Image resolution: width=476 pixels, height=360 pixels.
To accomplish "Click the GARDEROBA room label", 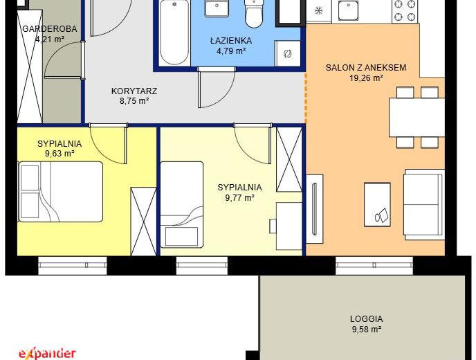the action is [50, 29].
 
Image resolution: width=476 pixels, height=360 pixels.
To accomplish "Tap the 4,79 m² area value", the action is [231, 51].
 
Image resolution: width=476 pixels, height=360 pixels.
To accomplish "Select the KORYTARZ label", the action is [134, 91].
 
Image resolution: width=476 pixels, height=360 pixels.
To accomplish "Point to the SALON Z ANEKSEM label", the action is [366, 67].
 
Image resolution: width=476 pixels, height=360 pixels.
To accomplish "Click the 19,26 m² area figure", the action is [366, 78].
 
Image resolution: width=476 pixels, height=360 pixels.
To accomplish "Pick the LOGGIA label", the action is [367, 319].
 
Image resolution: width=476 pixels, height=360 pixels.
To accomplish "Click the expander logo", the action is [47, 354].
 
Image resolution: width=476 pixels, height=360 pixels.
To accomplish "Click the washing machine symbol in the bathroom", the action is [288, 54].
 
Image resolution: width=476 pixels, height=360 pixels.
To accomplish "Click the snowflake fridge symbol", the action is [318, 11].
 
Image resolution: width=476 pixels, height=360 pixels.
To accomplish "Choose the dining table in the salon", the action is [416, 117].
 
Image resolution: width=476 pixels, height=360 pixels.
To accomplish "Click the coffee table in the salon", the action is [377, 204].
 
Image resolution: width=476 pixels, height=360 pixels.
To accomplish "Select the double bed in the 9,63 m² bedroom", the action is [61, 192].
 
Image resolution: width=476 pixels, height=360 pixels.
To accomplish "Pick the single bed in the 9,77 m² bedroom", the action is [181, 204].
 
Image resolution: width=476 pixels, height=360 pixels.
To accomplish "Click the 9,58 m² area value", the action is [367, 330].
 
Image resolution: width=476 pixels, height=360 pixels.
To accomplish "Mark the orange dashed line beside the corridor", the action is [306, 98].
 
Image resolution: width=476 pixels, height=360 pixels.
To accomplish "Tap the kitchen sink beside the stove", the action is [348, 9].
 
